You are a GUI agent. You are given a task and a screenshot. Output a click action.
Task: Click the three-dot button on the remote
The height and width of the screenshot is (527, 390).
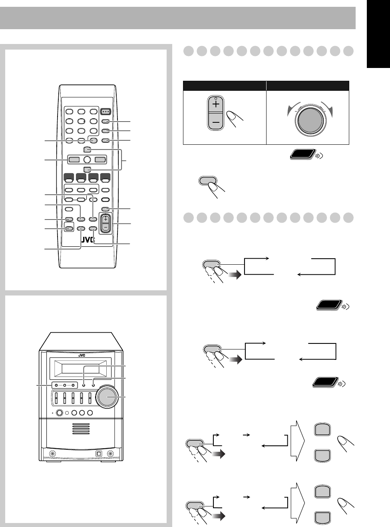[105, 112]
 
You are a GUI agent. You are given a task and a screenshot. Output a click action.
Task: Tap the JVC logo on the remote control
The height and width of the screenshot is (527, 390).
[88, 240]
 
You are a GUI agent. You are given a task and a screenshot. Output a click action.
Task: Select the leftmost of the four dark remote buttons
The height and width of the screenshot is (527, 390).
[69, 176]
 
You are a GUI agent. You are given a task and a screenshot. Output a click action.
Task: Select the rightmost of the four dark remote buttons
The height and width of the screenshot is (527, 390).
[105, 176]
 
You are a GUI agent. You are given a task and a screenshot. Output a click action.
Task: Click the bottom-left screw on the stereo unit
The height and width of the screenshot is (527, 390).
[52, 454]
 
